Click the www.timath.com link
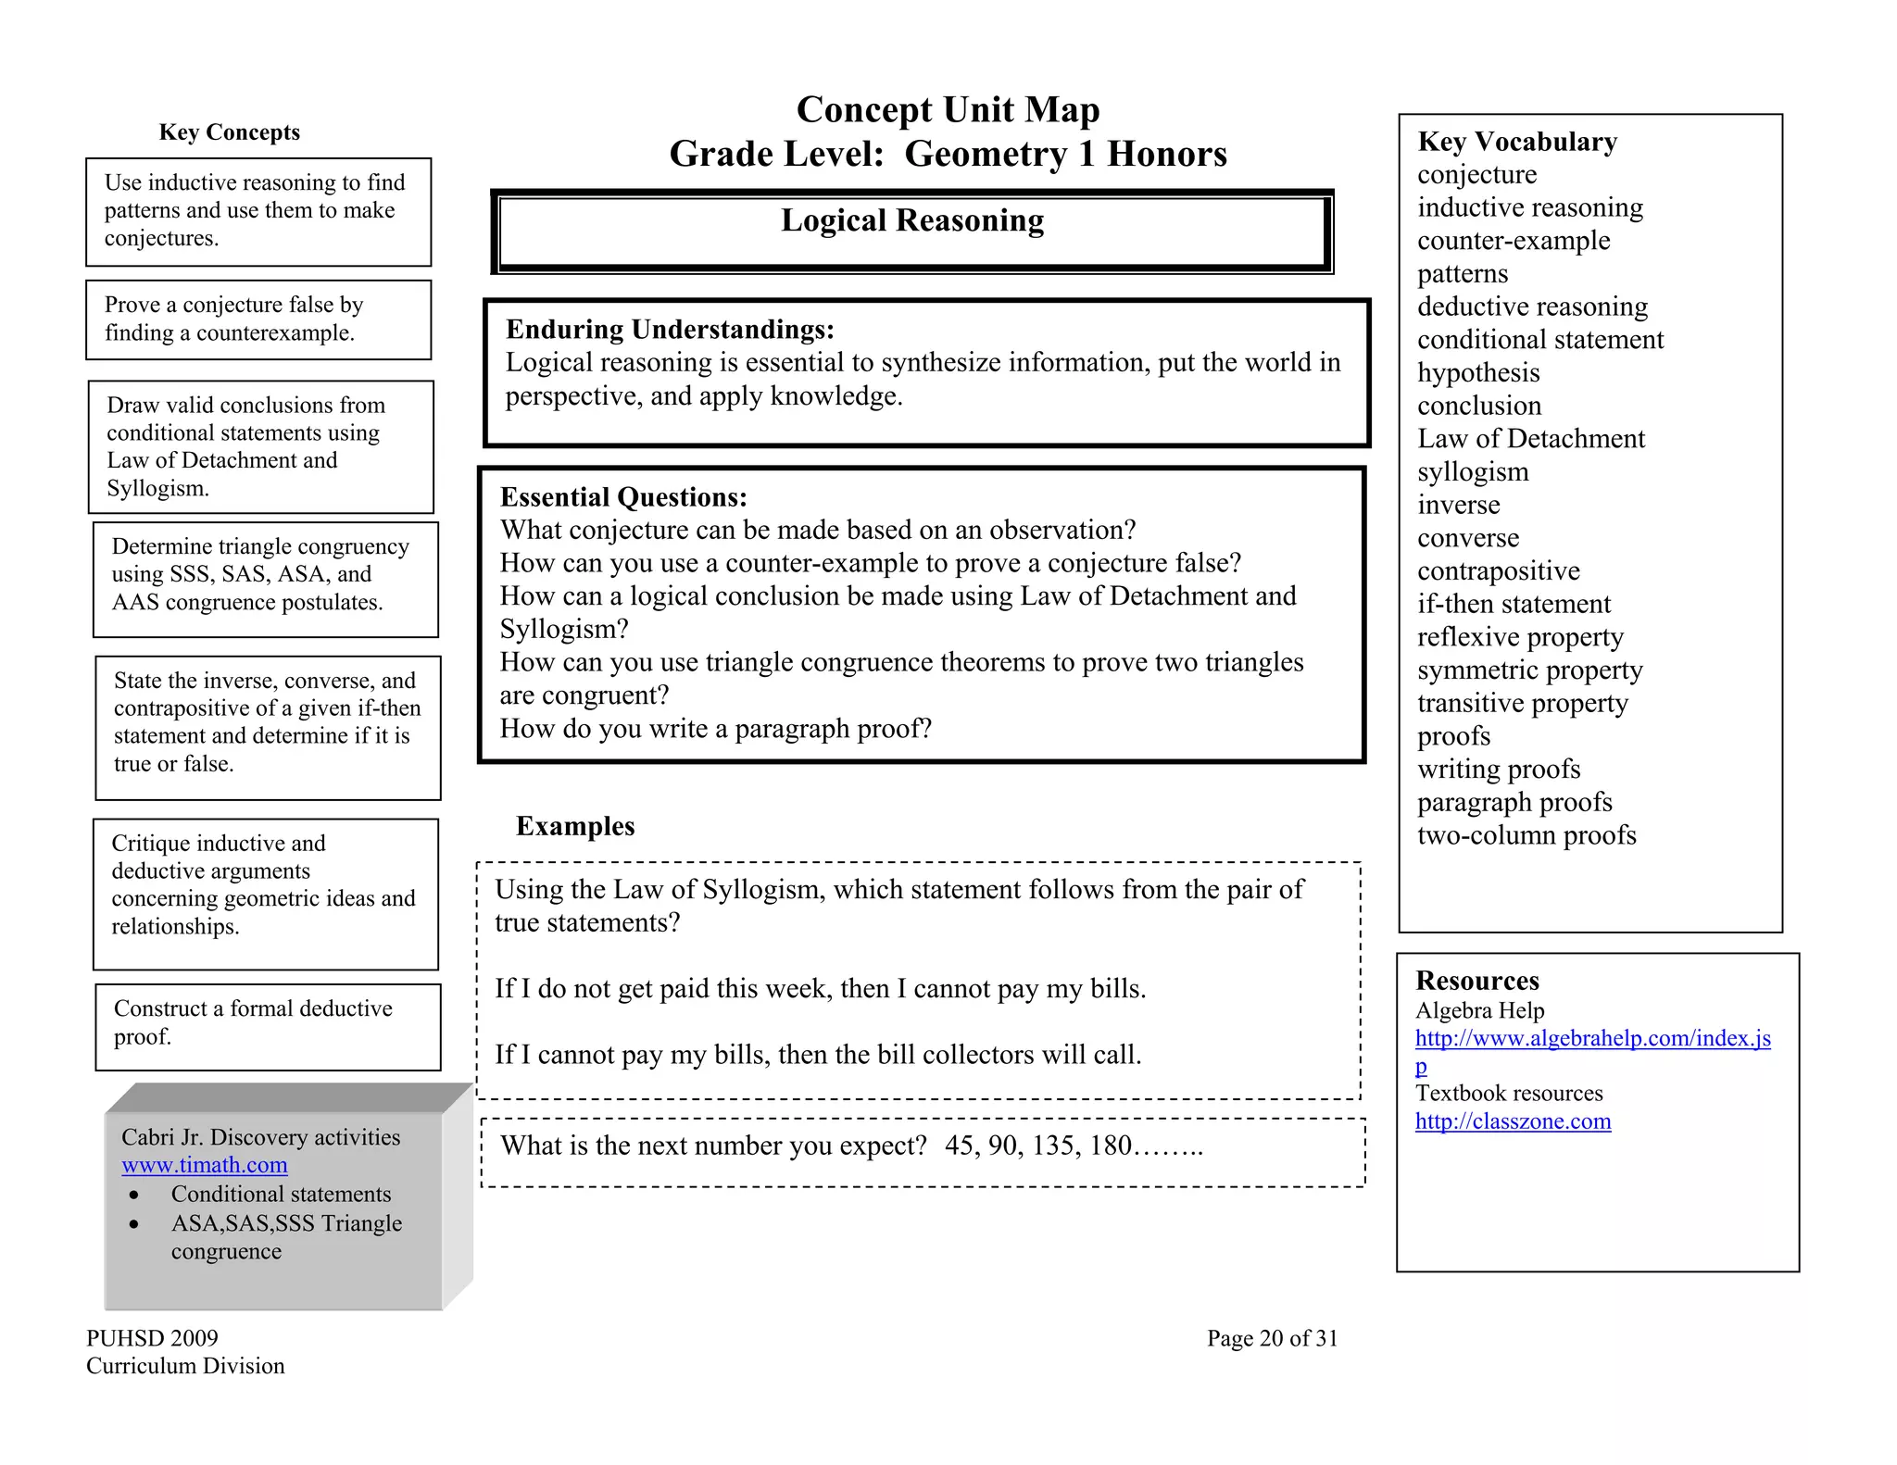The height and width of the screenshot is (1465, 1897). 204,1165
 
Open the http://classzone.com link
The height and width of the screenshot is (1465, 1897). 1513,1121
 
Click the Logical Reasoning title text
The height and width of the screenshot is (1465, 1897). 912,220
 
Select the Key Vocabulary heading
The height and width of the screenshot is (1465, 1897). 1517,142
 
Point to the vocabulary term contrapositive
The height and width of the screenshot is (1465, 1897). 1498,571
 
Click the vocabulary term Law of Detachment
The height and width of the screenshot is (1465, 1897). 1530,439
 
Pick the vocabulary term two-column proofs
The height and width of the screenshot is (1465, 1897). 1526,835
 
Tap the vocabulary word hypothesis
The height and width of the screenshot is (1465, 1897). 1478,373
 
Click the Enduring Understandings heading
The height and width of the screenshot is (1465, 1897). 670,330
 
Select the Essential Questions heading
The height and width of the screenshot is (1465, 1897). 623,497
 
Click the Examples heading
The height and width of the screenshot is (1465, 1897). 575,826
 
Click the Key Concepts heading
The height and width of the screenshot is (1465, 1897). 229,132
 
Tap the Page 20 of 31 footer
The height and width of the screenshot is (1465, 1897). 1272,1338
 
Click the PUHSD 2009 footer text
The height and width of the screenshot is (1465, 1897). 152,1338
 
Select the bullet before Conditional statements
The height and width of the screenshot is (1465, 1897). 135,1196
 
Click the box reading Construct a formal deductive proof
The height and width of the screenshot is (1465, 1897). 268,1026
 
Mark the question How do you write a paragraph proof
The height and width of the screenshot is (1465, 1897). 715,729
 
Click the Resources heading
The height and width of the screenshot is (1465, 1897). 1476,981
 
